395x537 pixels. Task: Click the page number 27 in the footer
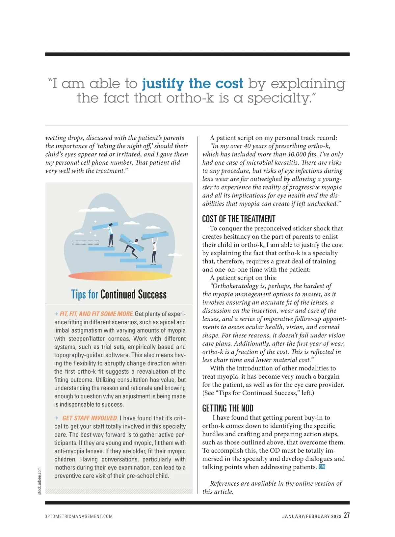(x=347, y=515)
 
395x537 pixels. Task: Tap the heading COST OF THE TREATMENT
(x=239, y=219)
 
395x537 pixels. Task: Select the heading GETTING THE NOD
(x=228, y=408)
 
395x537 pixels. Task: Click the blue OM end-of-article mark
(x=322, y=467)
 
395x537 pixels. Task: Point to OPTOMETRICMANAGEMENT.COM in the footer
(x=79, y=516)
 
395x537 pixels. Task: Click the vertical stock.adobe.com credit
(x=39, y=481)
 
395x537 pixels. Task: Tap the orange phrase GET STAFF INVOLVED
(x=90, y=418)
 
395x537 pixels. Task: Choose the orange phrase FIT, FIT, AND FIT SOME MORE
(x=96, y=314)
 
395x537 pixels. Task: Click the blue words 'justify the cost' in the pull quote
(x=193, y=83)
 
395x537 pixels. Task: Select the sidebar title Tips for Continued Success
(x=119, y=294)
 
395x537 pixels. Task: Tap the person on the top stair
(x=111, y=234)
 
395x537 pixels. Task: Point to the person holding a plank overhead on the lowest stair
(x=154, y=252)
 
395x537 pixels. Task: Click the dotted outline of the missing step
(x=86, y=243)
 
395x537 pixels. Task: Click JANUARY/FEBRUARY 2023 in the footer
(x=312, y=516)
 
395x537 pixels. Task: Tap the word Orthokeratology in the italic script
(x=236, y=286)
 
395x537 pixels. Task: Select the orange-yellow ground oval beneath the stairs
(x=120, y=276)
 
